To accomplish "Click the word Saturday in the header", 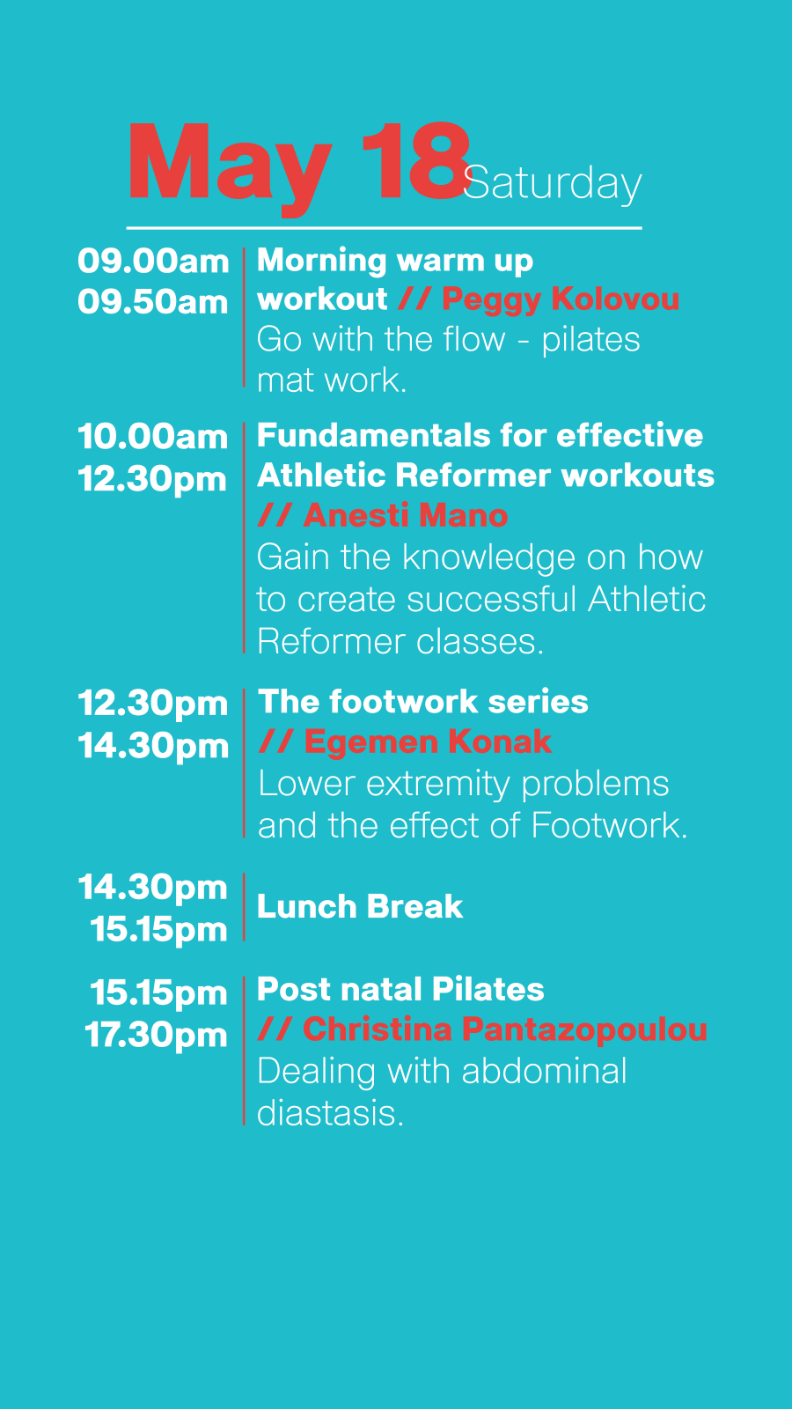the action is pos(552,184).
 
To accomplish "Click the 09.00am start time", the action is pos(153,261).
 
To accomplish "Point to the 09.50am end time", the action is pos(153,302).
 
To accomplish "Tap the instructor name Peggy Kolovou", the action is pos(560,300).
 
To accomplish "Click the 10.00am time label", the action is pos(153,437).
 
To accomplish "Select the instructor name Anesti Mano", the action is pos(406,516).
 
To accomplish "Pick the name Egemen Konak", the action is pos(428,741).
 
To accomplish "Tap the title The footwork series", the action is pos(423,701).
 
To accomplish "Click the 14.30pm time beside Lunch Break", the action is pos(153,888).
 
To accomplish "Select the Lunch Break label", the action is pos(360,906).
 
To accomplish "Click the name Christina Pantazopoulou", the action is pos(505,1029).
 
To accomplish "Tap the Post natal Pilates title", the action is pos(400,989).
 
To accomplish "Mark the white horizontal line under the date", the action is pos(384,228).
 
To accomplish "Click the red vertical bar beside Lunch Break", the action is pos(244,907).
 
